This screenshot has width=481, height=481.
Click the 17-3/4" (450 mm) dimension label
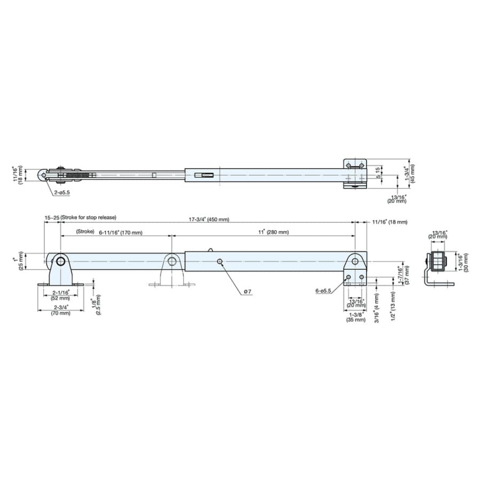[208, 219]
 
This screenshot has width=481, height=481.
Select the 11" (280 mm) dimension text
[273, 232]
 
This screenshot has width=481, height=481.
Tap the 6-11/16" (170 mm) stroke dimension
[121, 232]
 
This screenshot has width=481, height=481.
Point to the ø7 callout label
[247, 291]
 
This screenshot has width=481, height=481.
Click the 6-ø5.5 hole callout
[323, 291]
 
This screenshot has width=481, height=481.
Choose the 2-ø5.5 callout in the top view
[62, 192]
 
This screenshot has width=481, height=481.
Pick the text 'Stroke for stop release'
[89, 217]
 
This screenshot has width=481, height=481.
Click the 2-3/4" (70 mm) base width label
[61, 310]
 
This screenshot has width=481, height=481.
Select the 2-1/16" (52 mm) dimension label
[61, 296]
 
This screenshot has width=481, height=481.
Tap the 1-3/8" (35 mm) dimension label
[356, 317]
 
